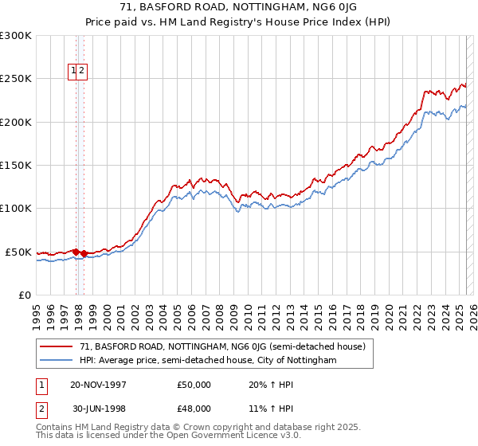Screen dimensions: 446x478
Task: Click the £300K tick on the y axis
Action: click(x=16, y=36)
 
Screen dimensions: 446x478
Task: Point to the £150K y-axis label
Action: click(x=16, y=166)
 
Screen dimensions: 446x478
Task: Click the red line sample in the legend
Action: click(x=56, y=346)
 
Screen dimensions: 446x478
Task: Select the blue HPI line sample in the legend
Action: click(x=56, y=360)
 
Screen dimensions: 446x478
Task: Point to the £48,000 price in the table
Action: click(x=194, y=409)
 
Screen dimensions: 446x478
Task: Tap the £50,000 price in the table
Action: click(x=194, y=385)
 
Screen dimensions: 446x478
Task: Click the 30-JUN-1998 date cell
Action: click(x=96, y=409)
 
